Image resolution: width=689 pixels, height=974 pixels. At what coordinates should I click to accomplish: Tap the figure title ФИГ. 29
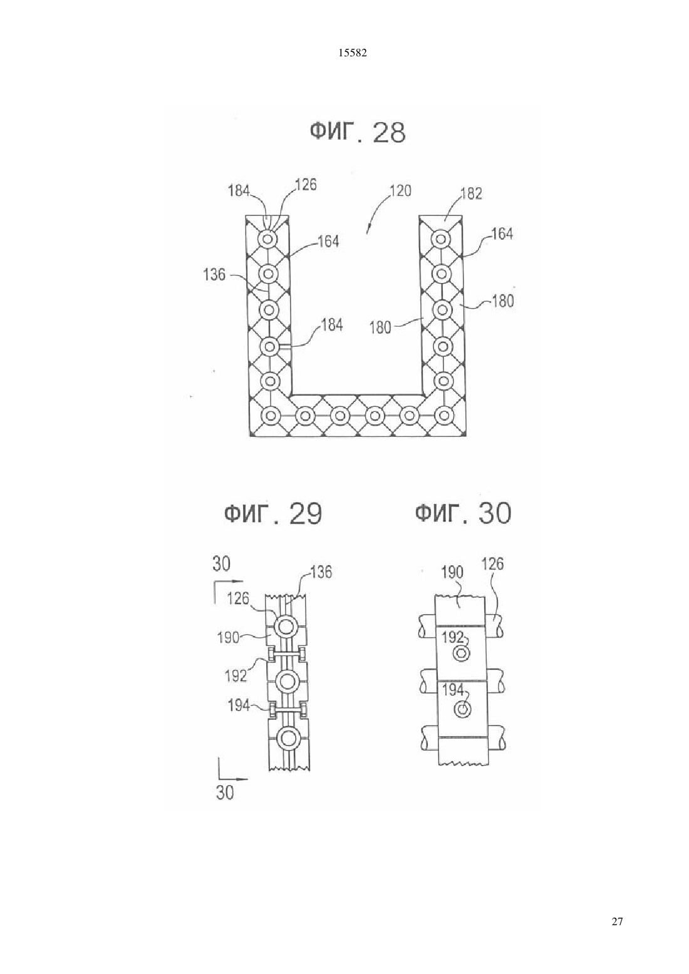click(x=272, y=513)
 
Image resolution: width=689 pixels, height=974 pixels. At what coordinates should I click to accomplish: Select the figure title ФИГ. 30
click(x=463, y=513)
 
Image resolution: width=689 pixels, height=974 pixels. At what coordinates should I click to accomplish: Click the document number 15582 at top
click(x=352, y=53)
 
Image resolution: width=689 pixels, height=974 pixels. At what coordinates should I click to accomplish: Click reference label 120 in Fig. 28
click(x=400, y=191)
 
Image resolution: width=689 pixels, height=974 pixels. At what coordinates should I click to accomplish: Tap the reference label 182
click(x=472, y=193)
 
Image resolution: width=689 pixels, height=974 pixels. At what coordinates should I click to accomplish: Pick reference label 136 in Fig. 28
click(x=214, y=274)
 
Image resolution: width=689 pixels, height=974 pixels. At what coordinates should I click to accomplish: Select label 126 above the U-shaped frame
click(x=306, y=185)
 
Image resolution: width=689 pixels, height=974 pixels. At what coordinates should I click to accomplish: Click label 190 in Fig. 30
click(x=452, y=572)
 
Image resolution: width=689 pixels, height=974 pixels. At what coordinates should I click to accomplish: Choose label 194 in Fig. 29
click(x=239, y=705)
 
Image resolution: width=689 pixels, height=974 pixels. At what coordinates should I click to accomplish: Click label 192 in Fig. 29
click(x=236, y=675)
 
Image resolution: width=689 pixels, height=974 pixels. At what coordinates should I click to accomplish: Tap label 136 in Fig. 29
click(x=321, y=572)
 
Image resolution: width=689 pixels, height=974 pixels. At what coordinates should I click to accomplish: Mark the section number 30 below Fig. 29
click(x=225, y=792)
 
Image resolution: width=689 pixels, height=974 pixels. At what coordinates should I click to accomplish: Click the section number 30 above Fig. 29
click(x=221, y=564)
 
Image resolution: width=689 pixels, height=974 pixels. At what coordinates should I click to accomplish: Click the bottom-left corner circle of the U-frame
click(x=270, y=415)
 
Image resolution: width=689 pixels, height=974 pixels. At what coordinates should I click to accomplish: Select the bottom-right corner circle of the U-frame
click(x=444, y=415)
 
